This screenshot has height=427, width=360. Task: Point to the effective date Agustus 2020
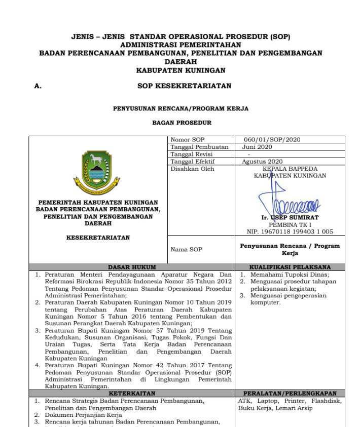click(x=261, y=162)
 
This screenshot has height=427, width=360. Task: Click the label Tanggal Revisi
click(x=192, y=154)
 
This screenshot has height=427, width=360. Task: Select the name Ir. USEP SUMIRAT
click(x=290, y=218)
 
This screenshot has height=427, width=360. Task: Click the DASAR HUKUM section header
click(x=132, y=267)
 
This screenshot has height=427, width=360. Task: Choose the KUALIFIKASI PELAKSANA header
click(x=290, y=267)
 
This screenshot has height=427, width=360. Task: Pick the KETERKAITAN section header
click(x=132, y=393)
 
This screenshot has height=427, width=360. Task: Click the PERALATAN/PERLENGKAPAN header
click(x=290, y=393)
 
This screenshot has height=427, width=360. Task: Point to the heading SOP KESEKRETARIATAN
click(x=184, y=86)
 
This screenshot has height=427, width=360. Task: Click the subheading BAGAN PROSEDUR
click(x=182, y=123)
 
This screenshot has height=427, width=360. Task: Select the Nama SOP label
click(x=186, y=249)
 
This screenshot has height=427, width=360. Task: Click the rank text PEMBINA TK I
click(x=290, y=224)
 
